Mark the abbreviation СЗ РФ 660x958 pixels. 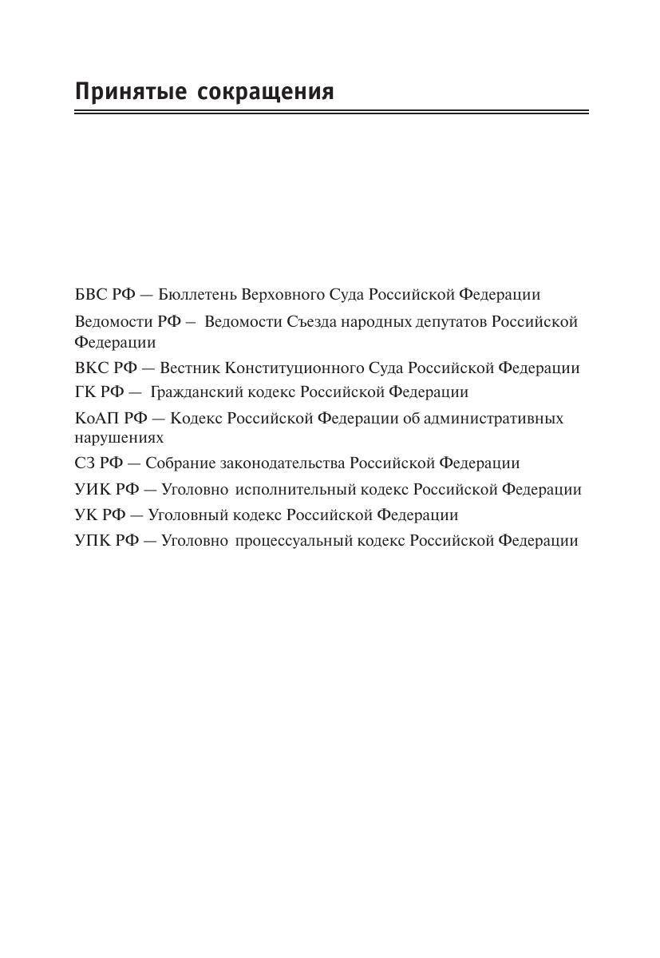pos(97,463)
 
